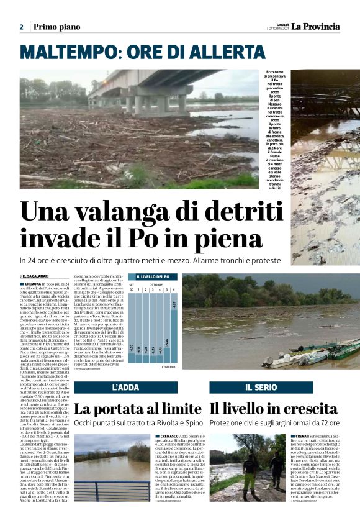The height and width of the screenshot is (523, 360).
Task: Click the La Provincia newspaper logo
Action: click(317, 26)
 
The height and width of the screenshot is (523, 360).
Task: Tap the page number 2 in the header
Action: click(22, 27)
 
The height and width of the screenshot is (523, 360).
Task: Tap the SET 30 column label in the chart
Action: click(132, 287)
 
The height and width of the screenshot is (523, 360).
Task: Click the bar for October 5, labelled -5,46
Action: click(166, 342)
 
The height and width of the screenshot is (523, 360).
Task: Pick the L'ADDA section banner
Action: click(125, 387)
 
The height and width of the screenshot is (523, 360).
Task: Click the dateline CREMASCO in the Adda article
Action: click(168, 437)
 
